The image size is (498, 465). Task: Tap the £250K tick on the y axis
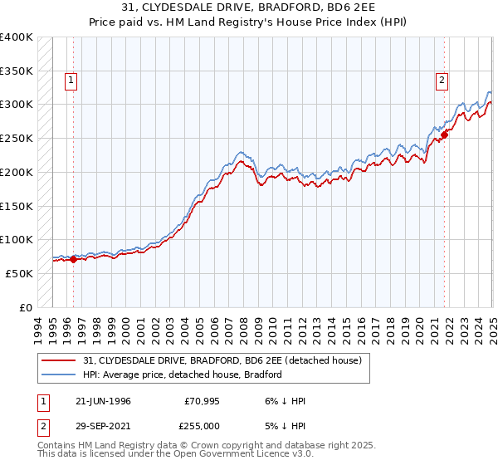[x=17, y=138]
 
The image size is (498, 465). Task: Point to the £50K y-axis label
[x=19, y=273]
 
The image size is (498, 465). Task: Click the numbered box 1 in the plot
[x=71, y=81]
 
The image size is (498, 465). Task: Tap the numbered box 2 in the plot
[x=442, y=81]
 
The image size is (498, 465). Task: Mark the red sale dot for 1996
[x=73, y=259]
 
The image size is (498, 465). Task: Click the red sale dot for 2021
[x=445, y=135]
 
